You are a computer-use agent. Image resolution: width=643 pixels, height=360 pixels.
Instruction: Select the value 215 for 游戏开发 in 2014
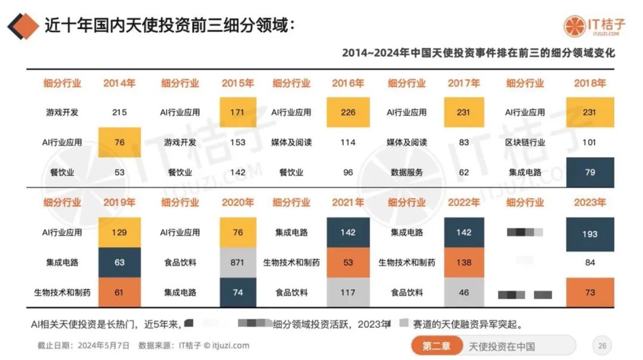pyautogui.click(x=119, y=112)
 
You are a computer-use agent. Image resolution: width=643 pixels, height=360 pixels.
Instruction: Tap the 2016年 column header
pyautogui.click(x=348, y=83)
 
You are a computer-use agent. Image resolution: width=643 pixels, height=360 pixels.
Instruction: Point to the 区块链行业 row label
pyautogui.click(x=526, y=142)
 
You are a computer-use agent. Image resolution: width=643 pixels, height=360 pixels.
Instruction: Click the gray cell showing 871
pyautogui.click(x=238, y=262)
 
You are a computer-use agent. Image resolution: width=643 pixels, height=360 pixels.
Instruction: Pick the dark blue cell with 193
pyautogui.click(x=589, y=233)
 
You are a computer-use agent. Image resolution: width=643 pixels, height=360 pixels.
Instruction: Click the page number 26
pyautogui.click(x=602, y=346)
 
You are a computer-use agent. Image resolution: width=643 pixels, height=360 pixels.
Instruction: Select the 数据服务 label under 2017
pyautogui.click(x=407, y=173)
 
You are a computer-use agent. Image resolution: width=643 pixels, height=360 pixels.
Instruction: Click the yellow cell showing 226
pyautogui.click(x=348, y=112)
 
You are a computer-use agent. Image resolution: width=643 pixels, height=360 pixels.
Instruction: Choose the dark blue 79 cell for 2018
pyautogui.click(x=589, y=173)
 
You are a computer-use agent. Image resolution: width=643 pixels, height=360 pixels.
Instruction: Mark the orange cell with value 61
pyautogui.click(x=119, y=292)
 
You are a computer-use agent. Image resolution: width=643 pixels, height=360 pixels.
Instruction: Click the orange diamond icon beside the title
pyautogui.click(x=23, y=26)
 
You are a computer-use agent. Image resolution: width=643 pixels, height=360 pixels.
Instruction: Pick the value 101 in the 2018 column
pyautogui.click(x=589, y=142)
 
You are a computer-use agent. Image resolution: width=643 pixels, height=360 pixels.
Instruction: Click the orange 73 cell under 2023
pyautogui.click(x=589, y=292)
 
